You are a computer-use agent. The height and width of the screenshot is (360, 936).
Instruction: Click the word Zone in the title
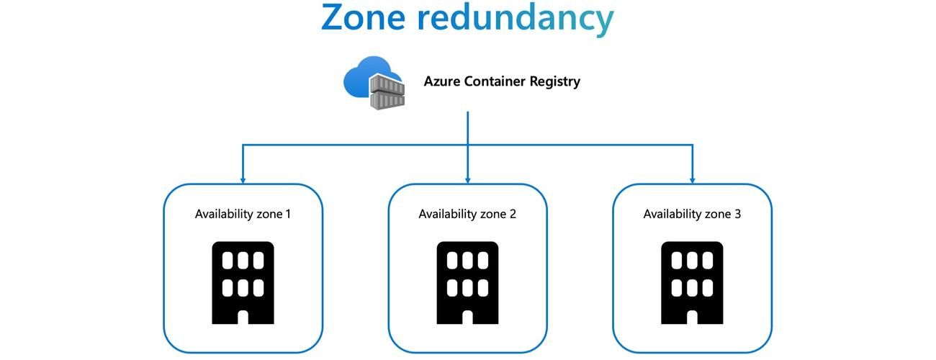(363, 17)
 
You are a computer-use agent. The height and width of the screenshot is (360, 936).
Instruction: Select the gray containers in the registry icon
(387, 92)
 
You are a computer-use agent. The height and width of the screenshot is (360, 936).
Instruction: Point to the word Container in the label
(495, 81)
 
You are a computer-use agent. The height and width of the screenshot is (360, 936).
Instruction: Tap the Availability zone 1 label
(243, 214)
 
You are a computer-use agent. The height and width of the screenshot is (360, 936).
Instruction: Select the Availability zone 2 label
(467, 214)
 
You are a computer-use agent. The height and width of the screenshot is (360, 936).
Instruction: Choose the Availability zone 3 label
(692, 214)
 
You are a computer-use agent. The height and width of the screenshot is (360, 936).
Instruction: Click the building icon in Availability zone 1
(243, 283)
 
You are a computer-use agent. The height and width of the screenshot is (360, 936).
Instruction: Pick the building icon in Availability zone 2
(467, 283)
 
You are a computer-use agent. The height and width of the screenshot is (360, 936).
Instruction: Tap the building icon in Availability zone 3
(692, 283)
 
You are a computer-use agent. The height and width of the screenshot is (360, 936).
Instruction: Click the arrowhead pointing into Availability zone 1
(243, 179)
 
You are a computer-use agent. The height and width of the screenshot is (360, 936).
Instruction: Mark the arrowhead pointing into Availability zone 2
(467, 179)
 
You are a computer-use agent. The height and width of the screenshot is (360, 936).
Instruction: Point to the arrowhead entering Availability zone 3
(692, 179)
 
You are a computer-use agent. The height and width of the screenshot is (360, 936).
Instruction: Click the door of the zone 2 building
(467, 317)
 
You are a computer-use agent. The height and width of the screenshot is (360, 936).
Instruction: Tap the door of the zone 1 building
(243, 317)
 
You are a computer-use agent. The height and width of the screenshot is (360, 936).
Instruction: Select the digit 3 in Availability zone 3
(737, 214)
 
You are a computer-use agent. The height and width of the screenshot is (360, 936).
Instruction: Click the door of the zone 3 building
(692, 317)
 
